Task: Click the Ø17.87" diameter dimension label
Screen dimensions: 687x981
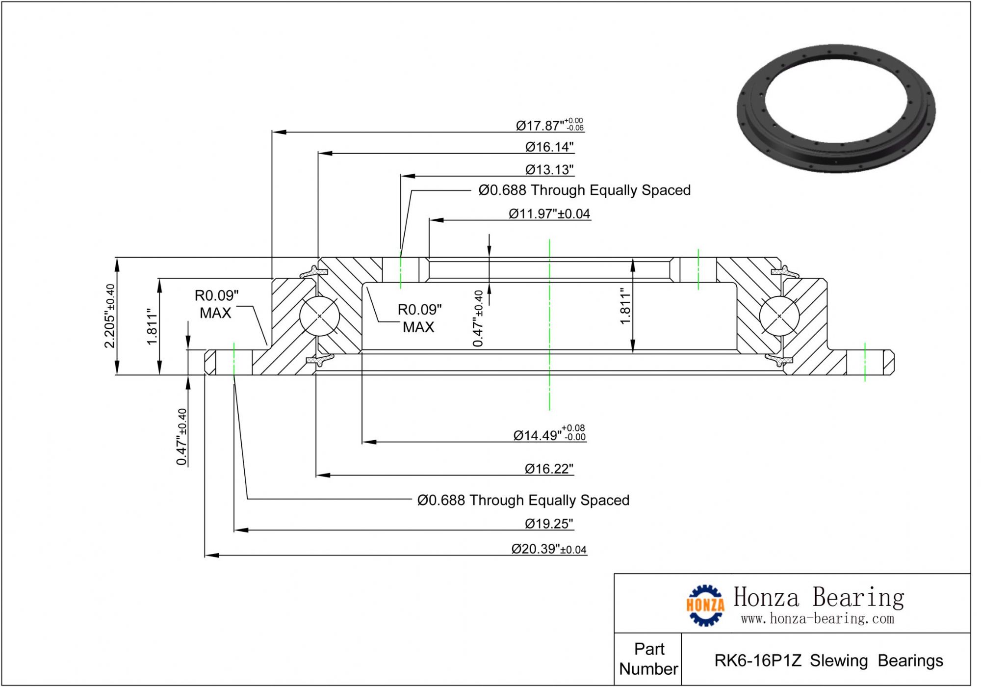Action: point(549,125)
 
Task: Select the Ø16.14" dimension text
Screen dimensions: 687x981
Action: point(549,147)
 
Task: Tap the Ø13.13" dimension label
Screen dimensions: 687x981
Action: point(549,170)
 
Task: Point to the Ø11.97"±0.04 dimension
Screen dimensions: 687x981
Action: point(549,214)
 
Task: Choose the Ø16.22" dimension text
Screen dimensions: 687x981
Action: point(549,469)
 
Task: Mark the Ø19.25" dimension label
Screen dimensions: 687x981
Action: point(549,524)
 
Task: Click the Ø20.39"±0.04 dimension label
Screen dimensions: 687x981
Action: point(549,549)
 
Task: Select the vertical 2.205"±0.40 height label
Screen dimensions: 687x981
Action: point(110,316)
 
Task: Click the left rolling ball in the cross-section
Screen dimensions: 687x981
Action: point(319,316)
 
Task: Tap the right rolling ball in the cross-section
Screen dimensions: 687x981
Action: point(779,316)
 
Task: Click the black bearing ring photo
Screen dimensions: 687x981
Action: point(836,108)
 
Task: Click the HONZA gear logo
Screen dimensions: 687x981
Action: point(705,606)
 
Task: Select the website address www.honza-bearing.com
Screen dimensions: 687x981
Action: point(817,619)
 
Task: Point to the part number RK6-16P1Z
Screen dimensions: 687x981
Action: point(758,661)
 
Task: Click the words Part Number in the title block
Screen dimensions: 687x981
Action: point(648,659)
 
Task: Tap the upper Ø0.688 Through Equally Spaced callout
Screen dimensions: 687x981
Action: point(584,190)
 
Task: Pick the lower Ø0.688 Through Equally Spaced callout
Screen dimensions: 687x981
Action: point(523,501)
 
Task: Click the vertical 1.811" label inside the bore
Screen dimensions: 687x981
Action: point(625,306)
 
